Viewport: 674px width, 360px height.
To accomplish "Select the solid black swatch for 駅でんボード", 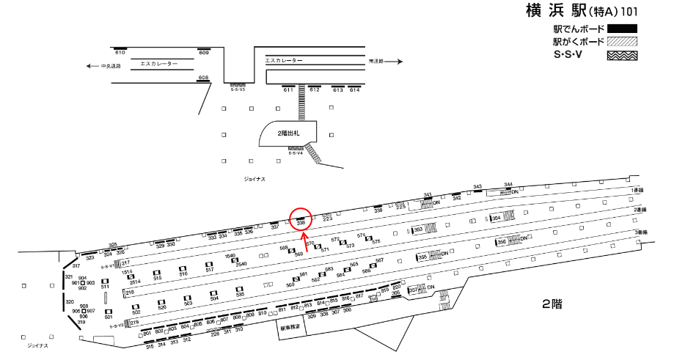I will [x=621, y=29].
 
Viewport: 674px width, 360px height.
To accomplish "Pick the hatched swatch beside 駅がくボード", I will [x=621, y=42].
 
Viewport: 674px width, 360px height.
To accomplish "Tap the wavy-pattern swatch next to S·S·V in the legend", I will [x=621, y=55].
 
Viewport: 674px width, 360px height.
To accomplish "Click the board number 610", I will [x=120, y=54].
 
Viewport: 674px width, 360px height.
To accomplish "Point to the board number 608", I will [x=204, y=78].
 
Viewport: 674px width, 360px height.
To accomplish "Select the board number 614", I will [x=355, y=90].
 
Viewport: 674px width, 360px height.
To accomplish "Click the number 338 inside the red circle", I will [x=301, y=222].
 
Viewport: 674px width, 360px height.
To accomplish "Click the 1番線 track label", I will [x=637, y=189].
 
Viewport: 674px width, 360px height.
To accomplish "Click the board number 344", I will [x=508, y=185].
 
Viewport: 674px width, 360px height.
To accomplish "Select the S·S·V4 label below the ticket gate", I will [x=297, y=153].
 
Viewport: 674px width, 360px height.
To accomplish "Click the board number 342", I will [x=456, y=198].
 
